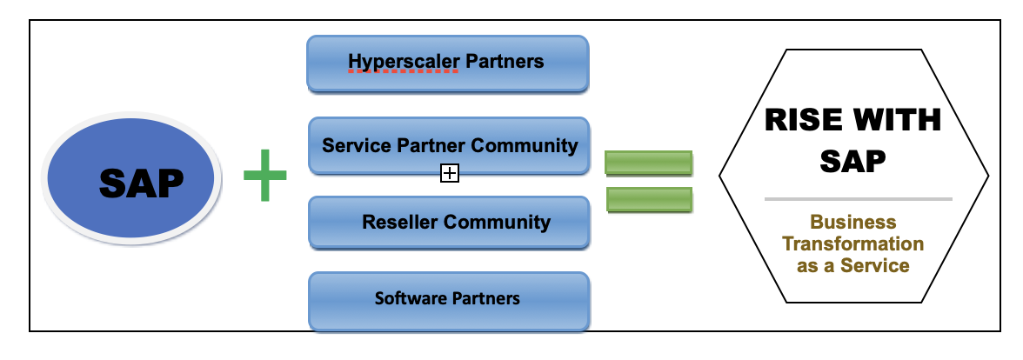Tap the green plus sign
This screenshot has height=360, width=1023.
(x=264, y=175)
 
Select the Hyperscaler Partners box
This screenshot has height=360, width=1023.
(x=447, y=63)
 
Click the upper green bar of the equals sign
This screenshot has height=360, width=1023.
(x=648, y=163)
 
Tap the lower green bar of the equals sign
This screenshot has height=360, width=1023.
(x=648, y=200)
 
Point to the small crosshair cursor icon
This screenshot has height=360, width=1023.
(x=449, y=174)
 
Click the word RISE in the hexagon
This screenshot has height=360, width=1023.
(x=801, y=120)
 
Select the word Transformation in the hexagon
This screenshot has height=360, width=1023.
(x=852, y=244)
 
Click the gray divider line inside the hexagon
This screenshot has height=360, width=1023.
(x=858, y=199)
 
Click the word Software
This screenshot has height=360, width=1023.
(x=410, y=299)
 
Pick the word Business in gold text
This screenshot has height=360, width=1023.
(x=852, y=223)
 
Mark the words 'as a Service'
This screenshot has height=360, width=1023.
(x=852, y=266)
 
